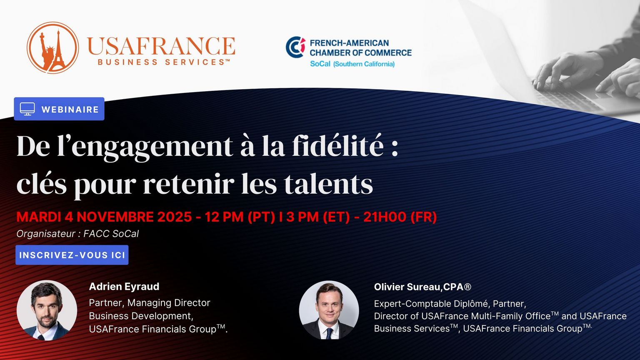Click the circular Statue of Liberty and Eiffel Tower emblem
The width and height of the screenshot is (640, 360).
tap(52, 48)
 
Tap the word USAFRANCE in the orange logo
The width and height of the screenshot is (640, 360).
tap(161, 46)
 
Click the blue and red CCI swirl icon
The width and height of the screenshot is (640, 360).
tap(295, 47)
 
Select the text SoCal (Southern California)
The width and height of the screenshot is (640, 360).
tap(352, 64)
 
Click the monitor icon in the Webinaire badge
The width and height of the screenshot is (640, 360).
tap(27, 109)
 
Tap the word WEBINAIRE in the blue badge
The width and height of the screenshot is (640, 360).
tap(70, 110)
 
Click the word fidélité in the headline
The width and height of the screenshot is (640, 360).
tap(338, 146)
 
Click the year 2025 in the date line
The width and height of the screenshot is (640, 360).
tap(175, 217)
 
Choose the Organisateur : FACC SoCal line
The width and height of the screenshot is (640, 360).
tap(77, 234)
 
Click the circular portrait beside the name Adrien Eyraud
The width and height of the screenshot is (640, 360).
tap(47, 310)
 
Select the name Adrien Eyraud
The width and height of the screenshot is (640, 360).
tap(124, 286)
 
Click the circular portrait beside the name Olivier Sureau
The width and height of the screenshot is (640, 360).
tap(329, 310)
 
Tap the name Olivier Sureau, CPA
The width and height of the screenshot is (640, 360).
tap(422, 287)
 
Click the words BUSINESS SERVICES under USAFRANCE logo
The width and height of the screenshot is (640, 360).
tap(164, 62)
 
